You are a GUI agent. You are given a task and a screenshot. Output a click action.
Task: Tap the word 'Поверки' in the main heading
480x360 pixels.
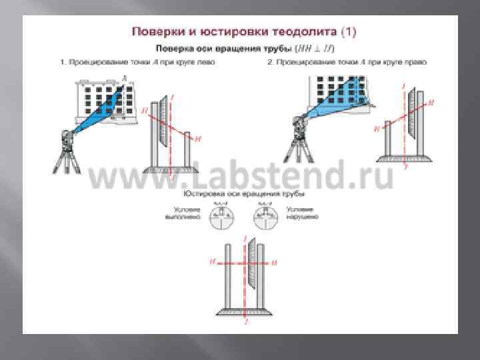[155, 31]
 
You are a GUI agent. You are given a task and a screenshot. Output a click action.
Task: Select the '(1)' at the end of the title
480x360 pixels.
[349, 31]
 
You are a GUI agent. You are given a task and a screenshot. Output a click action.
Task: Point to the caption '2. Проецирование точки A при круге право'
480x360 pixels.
[347, 62]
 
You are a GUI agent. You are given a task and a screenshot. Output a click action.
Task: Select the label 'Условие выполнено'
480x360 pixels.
[184, 213]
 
